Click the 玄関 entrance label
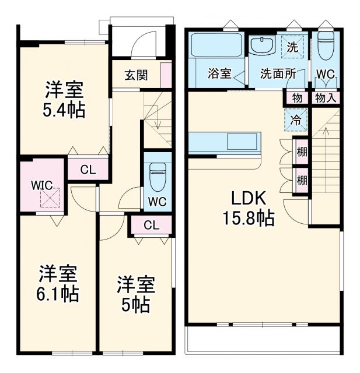[135, 75]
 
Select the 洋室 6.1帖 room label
[59, 283]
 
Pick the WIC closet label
[41, 185]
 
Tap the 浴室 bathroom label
[220, 74]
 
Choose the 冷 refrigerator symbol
[296, 121]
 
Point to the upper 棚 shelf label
[302, 152]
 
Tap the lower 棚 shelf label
[302, 180]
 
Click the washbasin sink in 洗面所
[263, 46]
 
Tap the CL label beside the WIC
[88, 170]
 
